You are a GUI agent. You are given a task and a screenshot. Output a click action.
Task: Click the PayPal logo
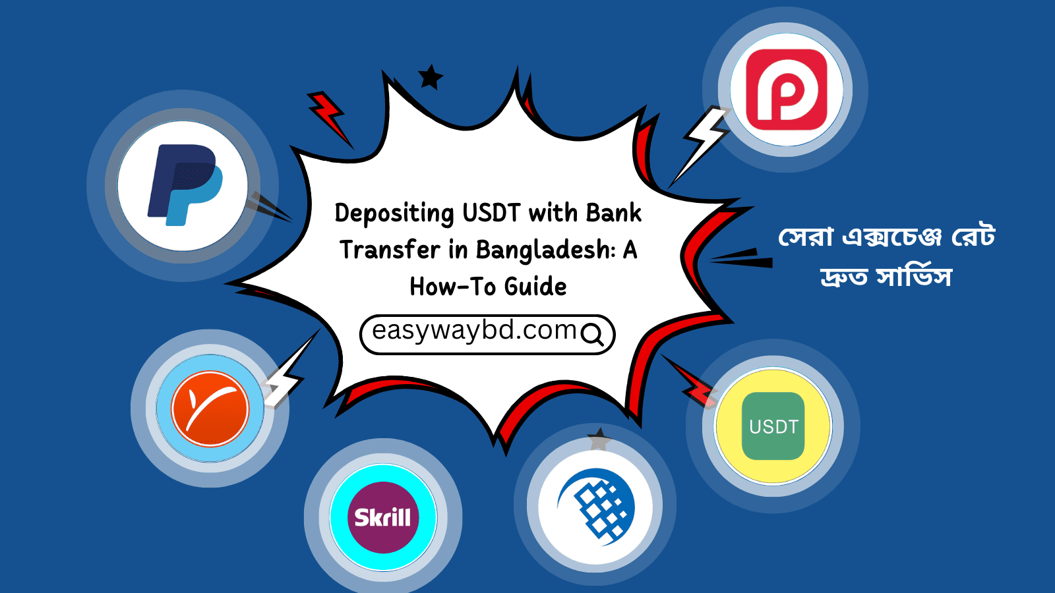185,185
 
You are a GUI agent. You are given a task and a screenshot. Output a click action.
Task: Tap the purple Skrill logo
382,517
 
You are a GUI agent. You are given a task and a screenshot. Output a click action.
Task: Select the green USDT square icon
773,426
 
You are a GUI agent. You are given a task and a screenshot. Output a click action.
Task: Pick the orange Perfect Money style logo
210,408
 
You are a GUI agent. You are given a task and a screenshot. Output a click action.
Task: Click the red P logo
787,90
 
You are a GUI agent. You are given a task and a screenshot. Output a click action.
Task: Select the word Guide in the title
535,287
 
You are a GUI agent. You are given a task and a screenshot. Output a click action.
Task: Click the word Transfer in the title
390,250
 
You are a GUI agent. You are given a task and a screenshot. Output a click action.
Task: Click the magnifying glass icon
592,335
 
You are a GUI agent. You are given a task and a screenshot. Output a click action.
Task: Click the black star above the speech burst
431,77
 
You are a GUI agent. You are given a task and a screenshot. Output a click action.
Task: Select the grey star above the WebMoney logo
599,440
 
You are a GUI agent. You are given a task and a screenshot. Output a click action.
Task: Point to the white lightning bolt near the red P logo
700,144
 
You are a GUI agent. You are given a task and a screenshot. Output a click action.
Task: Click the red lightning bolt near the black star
330,118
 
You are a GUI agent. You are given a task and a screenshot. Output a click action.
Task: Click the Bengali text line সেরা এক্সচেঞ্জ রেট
886,236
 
